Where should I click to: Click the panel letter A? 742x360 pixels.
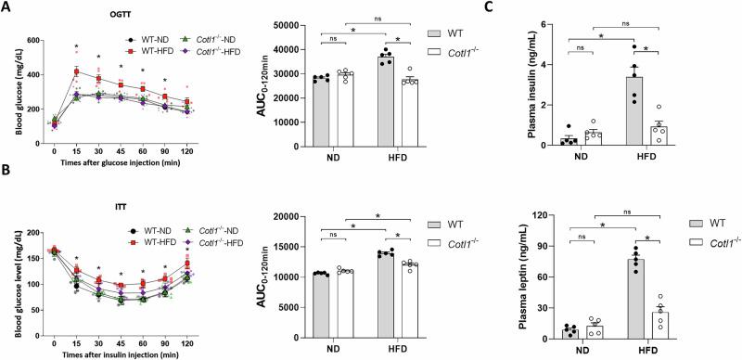[x=7, y=7]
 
